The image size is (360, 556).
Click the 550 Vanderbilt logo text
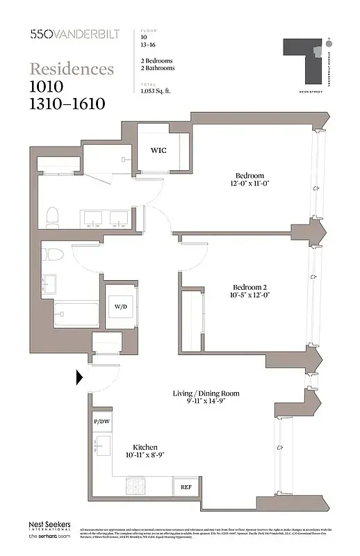72,33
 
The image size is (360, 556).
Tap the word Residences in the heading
72,69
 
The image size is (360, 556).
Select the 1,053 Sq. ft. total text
158,91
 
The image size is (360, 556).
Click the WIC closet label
158,149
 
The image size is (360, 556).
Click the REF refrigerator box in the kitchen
186,487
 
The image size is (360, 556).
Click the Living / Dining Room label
206,393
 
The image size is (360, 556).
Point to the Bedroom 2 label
249,288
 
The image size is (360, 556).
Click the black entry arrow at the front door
79,377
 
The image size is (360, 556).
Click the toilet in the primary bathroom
51,218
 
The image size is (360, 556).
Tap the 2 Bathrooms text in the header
157,68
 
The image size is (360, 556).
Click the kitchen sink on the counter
102,445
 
